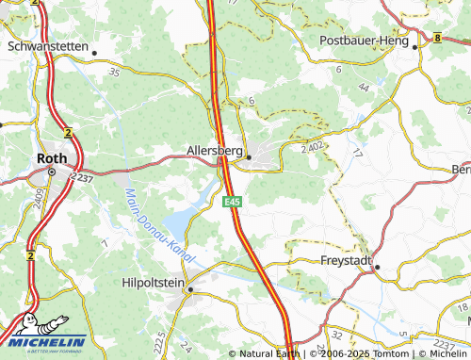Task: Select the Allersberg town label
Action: [216, 150]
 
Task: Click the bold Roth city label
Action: [50, 158]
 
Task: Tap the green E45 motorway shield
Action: [231, 201]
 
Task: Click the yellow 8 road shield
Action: [439, 38]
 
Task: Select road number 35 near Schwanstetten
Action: [114, 72]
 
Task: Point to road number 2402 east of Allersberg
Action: [313, 147]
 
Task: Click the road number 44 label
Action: [363, 87]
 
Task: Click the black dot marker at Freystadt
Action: [377, 267]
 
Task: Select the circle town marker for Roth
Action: [52, 172]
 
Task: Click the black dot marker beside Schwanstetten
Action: [94, 53]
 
